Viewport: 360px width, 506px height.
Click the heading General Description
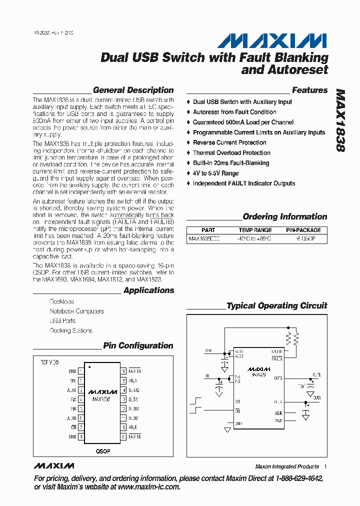133,90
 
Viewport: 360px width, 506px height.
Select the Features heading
309,90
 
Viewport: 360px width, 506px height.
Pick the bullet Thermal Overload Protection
231,153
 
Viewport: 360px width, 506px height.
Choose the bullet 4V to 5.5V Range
215,173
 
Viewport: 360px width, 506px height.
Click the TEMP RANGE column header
255,230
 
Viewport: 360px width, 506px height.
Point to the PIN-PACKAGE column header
303,230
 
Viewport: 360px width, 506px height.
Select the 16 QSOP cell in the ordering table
303,239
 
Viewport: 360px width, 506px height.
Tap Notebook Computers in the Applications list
76,311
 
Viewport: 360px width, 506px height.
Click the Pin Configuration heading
138,345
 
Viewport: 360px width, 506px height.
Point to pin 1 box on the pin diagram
80,371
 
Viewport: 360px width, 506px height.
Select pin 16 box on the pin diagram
123,371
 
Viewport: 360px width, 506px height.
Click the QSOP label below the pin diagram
103,451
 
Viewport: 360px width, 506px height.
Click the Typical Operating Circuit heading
276,305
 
